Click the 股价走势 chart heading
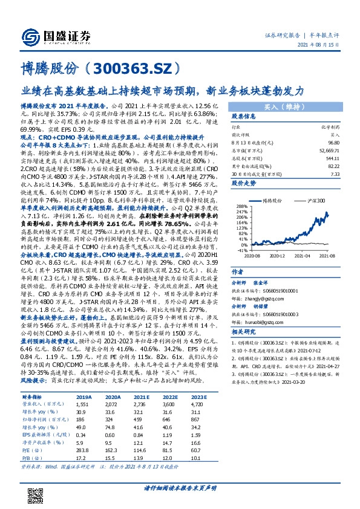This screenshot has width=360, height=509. coord(244,181)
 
